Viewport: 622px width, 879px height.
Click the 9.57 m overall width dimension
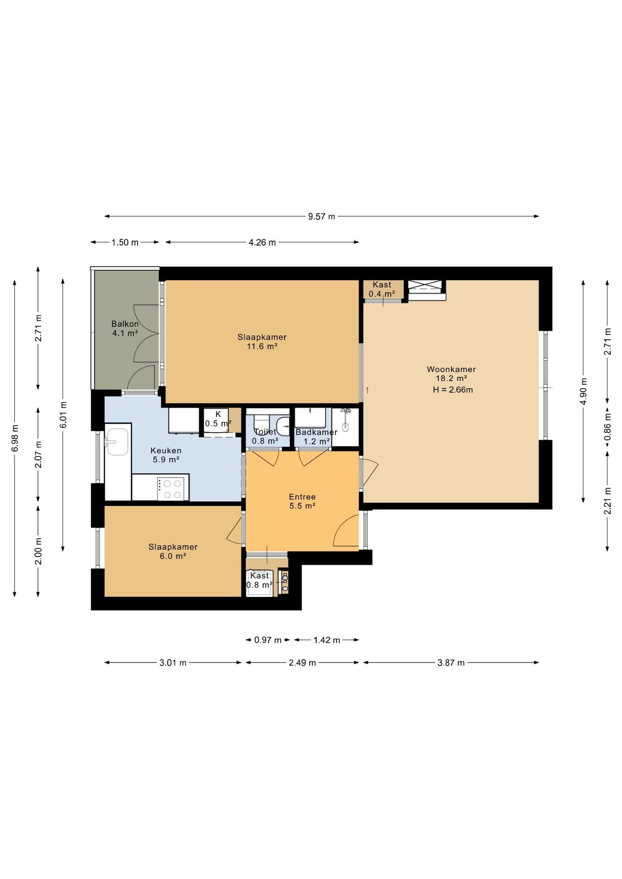(x=322, y=217)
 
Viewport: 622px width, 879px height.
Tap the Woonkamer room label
(x=451, y=369)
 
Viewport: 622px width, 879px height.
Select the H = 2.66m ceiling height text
(x=453, y=390)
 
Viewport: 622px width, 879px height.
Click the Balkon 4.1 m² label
(x=125, y=329)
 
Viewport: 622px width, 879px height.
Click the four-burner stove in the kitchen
(x=170, y=488)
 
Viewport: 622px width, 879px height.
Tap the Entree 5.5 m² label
(x=302, y=501)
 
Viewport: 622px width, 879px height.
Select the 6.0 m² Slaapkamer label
(x=173, y=552)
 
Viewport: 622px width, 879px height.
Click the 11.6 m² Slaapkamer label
(x=262, y=342)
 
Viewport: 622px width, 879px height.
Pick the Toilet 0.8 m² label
(x=265, y=437)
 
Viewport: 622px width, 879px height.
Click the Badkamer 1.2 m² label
(x=316, y=437)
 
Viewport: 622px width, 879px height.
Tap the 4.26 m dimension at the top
(x=262, y=243)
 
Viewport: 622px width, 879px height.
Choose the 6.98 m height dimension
(x=15, y=438)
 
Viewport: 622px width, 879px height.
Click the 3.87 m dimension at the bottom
(x=451, y=662)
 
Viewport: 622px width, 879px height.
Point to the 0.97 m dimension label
(x=268, y=640)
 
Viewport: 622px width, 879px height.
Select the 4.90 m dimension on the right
(x=583, y=391)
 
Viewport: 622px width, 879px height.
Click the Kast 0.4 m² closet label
(x=382, y=289)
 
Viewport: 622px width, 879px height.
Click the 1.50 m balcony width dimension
(x=125, y=243)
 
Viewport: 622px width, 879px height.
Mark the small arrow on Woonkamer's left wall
(x=367, y=390)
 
